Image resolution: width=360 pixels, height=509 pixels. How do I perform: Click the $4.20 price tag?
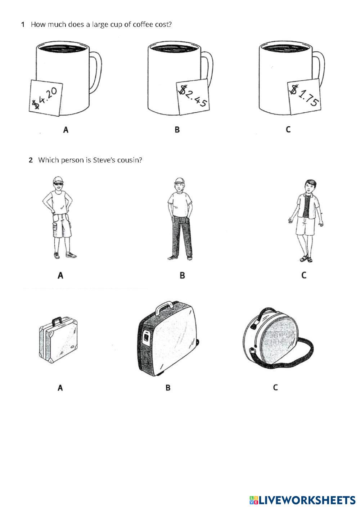point(46,98)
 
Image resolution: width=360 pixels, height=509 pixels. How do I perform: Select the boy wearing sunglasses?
point(59,218)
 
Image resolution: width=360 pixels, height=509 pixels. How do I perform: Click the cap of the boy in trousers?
point(179,180)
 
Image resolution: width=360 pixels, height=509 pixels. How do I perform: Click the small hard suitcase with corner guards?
point(58,340)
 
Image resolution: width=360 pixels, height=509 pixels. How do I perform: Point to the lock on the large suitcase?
point(146,337)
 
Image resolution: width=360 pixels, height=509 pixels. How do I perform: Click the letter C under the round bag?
point(275,387)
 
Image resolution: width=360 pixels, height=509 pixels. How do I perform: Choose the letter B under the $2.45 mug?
point(177,129)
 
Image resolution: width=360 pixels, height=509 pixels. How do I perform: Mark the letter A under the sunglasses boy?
point(60,275)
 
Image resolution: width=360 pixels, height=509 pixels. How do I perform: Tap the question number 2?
point(31,160)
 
